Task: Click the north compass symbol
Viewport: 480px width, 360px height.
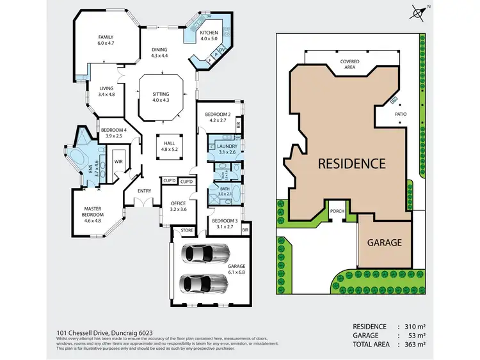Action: (419, 11)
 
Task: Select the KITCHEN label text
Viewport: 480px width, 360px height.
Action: (209, 33)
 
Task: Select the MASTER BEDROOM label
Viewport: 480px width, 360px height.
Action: (98, 212)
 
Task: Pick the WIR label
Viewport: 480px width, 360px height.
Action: (118, 162)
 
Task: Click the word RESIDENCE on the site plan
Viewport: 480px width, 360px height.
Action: (351, 163)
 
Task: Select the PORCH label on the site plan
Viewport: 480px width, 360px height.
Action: (337, 210)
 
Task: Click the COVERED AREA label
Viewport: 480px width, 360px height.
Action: (349, 64)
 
